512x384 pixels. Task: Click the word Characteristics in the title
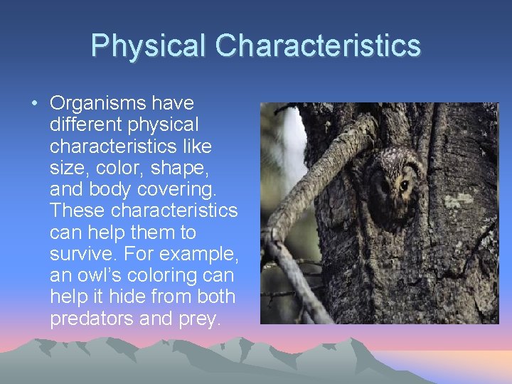point(318,46)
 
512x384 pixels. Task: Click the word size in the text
point(65,168)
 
